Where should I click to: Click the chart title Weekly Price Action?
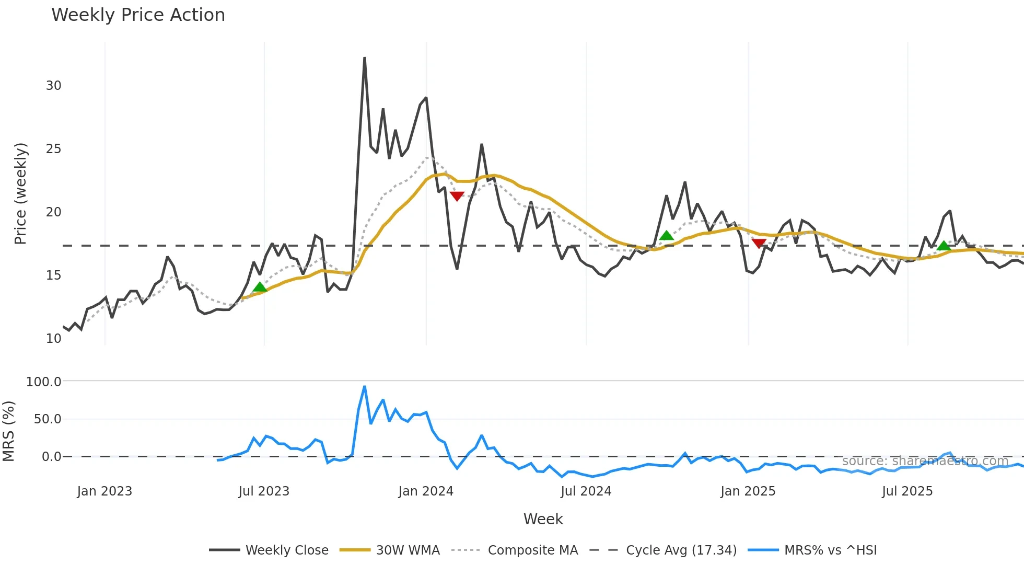click(138, 15)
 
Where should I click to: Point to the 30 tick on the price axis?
click(53, 86)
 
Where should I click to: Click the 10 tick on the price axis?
click(53, 339)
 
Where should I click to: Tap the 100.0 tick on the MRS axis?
click(44, 382)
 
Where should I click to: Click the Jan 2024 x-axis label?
click(426, 491)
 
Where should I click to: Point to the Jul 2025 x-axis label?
click(907, 491)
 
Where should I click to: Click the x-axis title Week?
click(543, 519)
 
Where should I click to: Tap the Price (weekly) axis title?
click(20, 193)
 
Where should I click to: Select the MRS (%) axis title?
click(8, 431)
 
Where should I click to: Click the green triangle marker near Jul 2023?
click(260, 287)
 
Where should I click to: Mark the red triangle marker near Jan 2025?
click(759, 243)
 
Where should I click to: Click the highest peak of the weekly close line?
click(365, 58)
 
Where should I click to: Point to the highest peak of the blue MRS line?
click(365, 387)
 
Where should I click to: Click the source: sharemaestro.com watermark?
click(925, 461)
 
